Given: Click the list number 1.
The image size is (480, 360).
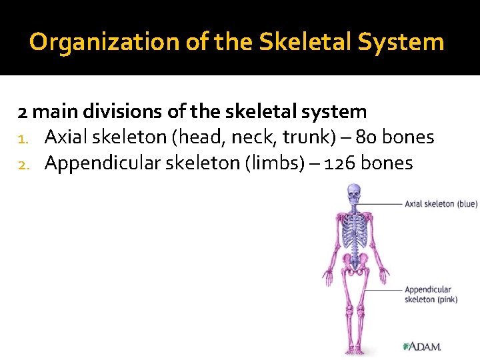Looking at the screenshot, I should point(23,138).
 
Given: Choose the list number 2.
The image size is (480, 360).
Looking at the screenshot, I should point(23,163).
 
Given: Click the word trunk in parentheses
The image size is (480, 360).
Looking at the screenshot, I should point(305,137).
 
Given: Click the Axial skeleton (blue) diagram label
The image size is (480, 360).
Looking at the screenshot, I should point(441,203).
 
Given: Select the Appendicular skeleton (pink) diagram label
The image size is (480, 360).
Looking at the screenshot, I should point(428,295).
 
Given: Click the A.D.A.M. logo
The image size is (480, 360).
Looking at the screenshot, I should point(423,347).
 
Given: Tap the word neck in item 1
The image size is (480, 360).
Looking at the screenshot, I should point(257,137).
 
